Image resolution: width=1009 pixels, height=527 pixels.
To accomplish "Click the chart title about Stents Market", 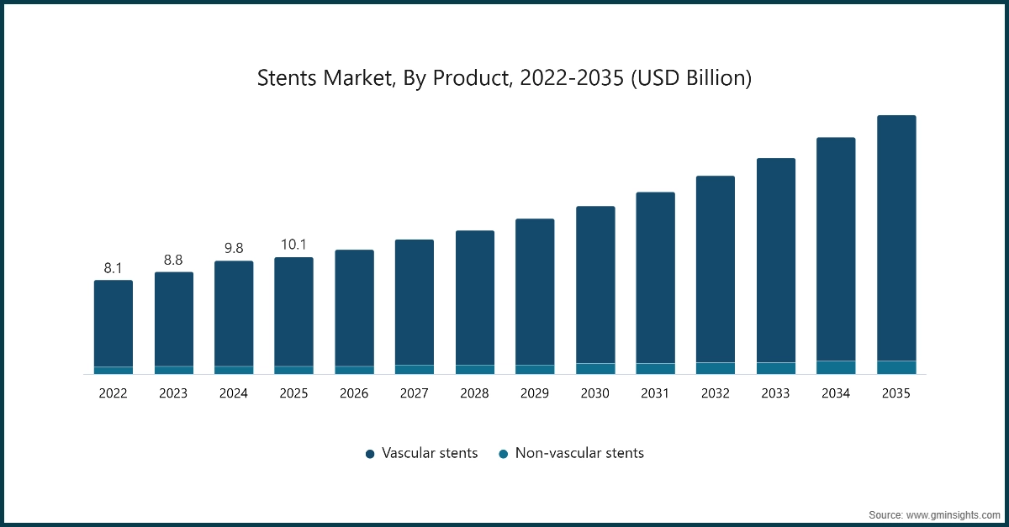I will pos(504,79).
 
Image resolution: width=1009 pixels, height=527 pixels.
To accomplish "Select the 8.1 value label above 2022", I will pos(113,268).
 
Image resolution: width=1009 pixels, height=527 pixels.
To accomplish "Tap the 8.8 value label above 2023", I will pos(173,260).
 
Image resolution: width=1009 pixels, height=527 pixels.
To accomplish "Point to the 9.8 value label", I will pos(234,249).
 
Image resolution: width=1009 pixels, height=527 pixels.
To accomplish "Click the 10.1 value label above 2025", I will pos(293,245).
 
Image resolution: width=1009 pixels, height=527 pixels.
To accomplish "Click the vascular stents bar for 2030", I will pos(595,284).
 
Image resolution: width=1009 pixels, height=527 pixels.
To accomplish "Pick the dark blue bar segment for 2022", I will pos(113,323).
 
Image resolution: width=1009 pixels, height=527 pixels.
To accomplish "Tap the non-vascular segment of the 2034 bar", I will pos(836,367).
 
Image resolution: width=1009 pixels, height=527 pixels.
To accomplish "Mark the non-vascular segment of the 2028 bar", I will pos(475,369).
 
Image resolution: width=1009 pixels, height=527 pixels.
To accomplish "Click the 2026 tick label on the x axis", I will pos(354,393).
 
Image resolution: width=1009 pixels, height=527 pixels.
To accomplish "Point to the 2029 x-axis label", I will pos(535,393).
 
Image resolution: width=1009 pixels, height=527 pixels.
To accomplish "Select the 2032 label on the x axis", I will pos(716,393).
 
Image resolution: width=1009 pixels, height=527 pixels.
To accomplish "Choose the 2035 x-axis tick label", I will pos(896,393).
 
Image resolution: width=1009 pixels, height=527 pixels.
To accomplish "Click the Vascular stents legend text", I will pos(430,453).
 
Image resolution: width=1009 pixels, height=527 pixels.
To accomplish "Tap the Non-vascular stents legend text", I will pos(579,453).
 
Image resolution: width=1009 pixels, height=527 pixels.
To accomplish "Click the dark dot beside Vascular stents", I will pos(370,454).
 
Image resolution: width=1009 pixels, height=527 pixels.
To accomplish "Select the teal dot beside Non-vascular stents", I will pos(503,454).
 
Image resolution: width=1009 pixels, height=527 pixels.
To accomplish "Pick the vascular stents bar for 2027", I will pos(415,302).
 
